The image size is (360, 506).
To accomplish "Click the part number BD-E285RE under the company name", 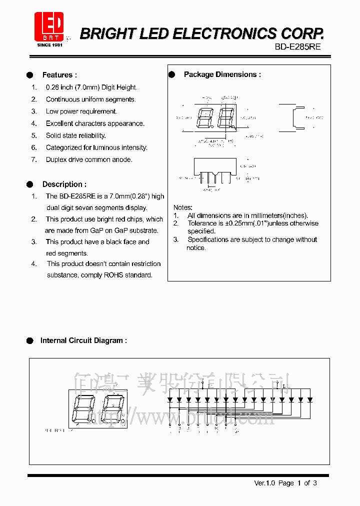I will (298, 46).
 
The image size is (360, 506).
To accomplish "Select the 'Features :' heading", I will (59, 75).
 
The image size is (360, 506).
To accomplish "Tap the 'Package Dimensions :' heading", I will (222, 74).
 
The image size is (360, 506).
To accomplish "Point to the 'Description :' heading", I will (64, 184).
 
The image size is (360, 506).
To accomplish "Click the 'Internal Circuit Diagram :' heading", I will (83, 340).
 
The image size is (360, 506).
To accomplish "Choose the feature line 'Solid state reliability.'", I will (75, 135).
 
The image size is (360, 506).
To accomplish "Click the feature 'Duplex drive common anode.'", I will (89, 160).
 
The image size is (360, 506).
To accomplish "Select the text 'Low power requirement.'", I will (81, 111).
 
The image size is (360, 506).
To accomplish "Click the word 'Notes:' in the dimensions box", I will (183, 207).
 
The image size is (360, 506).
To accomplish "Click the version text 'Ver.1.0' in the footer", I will (265, 483).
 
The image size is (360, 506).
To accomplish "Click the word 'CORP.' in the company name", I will (302, 33).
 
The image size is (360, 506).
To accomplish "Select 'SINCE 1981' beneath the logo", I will (49, 45).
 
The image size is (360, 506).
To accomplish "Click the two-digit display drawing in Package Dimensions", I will (215, 119).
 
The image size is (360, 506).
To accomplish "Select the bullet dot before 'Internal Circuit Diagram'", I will (30, 340).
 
